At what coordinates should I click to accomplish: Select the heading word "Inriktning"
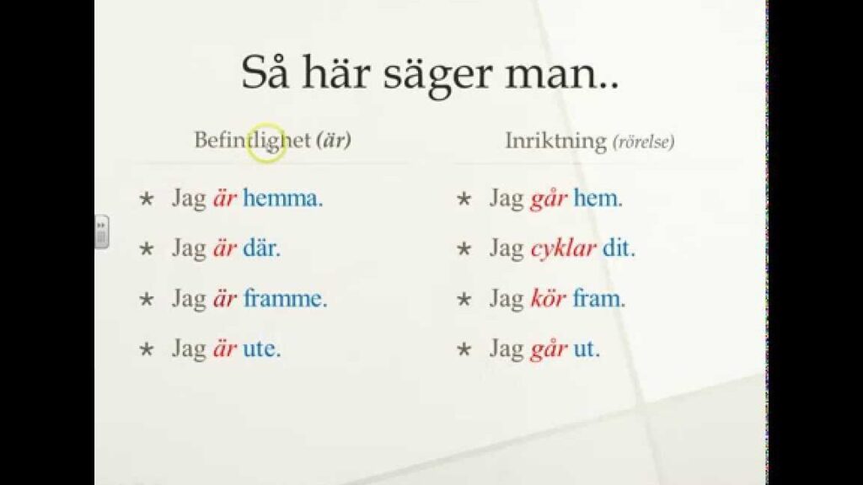556,141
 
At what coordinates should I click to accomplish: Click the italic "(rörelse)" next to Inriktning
643,141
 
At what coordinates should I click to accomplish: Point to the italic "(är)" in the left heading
334,141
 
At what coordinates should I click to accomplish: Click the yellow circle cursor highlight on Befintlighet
267,143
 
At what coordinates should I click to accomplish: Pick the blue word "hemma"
282,198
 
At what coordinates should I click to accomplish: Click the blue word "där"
261,248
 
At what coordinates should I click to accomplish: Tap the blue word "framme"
285,299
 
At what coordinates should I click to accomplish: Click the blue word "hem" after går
598,198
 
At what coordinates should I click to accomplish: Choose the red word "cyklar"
563,249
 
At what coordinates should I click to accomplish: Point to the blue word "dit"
618,248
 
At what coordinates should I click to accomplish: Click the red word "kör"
548,299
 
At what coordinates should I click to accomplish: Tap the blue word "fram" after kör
598,299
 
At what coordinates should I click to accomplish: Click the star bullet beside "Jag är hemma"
147,199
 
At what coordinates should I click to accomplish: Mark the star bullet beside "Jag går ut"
464,349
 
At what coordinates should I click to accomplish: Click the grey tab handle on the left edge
101,232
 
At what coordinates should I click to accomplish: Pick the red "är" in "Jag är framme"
224,299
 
